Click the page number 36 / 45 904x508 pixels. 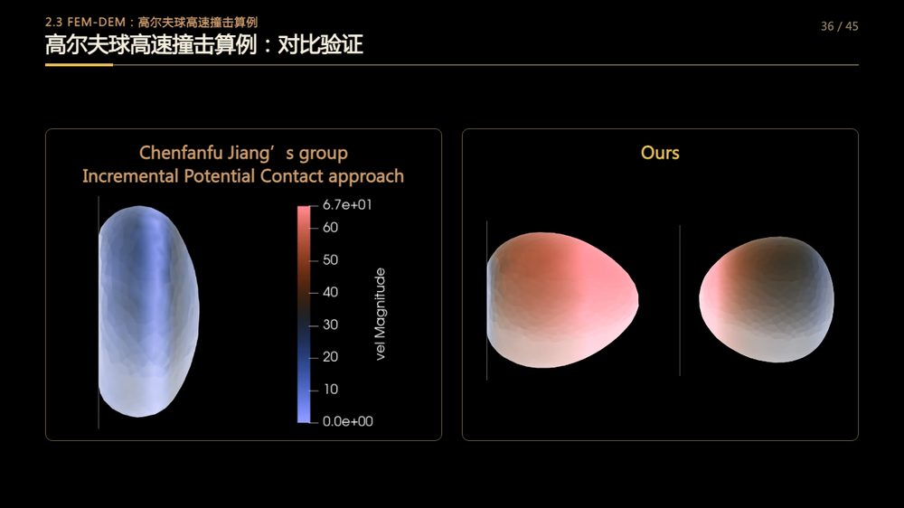pyautogui.click(x=840, y=26)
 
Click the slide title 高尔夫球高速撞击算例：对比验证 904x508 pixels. pyautogui.click(x=204, y=44)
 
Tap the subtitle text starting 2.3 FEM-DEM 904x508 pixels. pyautogui.click(x=151, y=22)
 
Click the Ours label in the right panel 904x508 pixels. pyautogui.click(x=660, y=153)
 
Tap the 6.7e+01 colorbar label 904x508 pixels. pyautogui.click(x=347, y=204)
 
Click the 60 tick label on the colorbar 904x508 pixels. pyautogui.click(x=330, y=227)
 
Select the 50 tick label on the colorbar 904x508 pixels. pyautogui.click(x=330, y=259)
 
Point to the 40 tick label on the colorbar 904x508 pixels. pyautogui.click(x=330, y=292)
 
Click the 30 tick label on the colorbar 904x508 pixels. pyautogui.click(x=330, y=325)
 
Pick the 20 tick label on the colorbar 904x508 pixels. pyautogui.click(x=330, y=356)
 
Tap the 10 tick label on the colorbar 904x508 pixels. pyautogui.click(x=330, y=390)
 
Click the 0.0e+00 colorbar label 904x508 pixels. pyautogui.click(x=348, y=421)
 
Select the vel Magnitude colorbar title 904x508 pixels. pyautogui.click(x=380, y=315)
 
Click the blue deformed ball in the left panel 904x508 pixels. pyautogui.click(x=149, y=311)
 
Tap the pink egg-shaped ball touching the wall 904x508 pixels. pyautogui.click(x=562, y=300)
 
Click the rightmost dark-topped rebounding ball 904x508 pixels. pyautogui.click(x=767, y=299)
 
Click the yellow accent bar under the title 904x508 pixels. pyautogui.click(x=79, y=64)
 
